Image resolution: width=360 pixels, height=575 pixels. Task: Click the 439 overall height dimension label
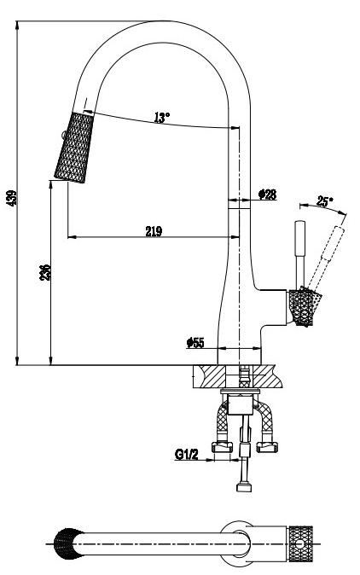[x=12, y=198]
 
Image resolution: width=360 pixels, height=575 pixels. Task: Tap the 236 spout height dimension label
[x=45, y=272]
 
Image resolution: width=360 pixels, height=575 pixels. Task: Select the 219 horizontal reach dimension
[x=154, y=231]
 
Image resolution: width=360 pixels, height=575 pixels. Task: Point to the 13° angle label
[x=162, y=118]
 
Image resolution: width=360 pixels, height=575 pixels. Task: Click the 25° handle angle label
[x=325, y=201]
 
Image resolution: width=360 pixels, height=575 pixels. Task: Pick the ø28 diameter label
[x=267, y=195]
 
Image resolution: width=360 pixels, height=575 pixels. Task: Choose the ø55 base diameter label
[x=195, y=343]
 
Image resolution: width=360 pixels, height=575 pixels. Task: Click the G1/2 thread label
[x=186, y=455]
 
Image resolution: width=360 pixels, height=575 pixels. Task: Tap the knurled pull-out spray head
[x=74, y=148]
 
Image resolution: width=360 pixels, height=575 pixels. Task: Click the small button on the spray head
[x=62, y=135]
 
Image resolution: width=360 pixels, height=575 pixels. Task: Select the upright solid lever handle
[x=300, y=253]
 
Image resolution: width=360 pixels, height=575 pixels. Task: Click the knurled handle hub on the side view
[x=304, y=307]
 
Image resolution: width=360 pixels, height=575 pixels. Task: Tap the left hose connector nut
[x=222, y=447]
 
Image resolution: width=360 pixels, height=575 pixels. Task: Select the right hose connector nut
[x=267, y=447]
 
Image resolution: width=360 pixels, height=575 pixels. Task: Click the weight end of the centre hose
[x=244, y=486]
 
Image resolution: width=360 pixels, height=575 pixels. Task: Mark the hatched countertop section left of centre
[x=210, y=376]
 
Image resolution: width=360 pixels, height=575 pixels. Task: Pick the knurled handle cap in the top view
[x=300, y=543]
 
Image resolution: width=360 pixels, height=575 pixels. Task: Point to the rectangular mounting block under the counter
[x=240, y=404]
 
